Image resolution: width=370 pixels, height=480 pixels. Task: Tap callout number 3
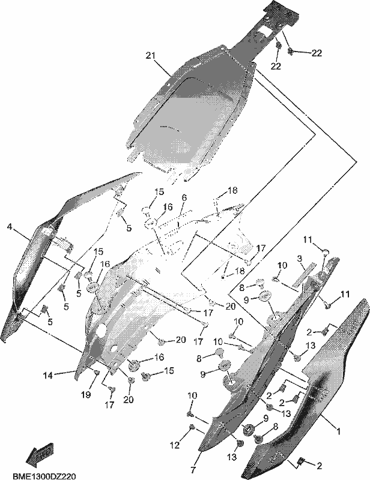[300, 259]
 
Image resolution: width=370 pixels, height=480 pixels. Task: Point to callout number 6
[184, 197]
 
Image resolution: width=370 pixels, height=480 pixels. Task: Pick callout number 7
[193, 470]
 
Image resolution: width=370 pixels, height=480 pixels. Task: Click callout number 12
[175, 445]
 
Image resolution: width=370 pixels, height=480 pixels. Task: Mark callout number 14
[48, 376]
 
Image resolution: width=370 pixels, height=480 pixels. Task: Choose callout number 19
[86, 395]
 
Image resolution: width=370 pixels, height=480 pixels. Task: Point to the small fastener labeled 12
[192, 427]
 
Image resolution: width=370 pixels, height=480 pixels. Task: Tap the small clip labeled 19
[96, 372]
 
